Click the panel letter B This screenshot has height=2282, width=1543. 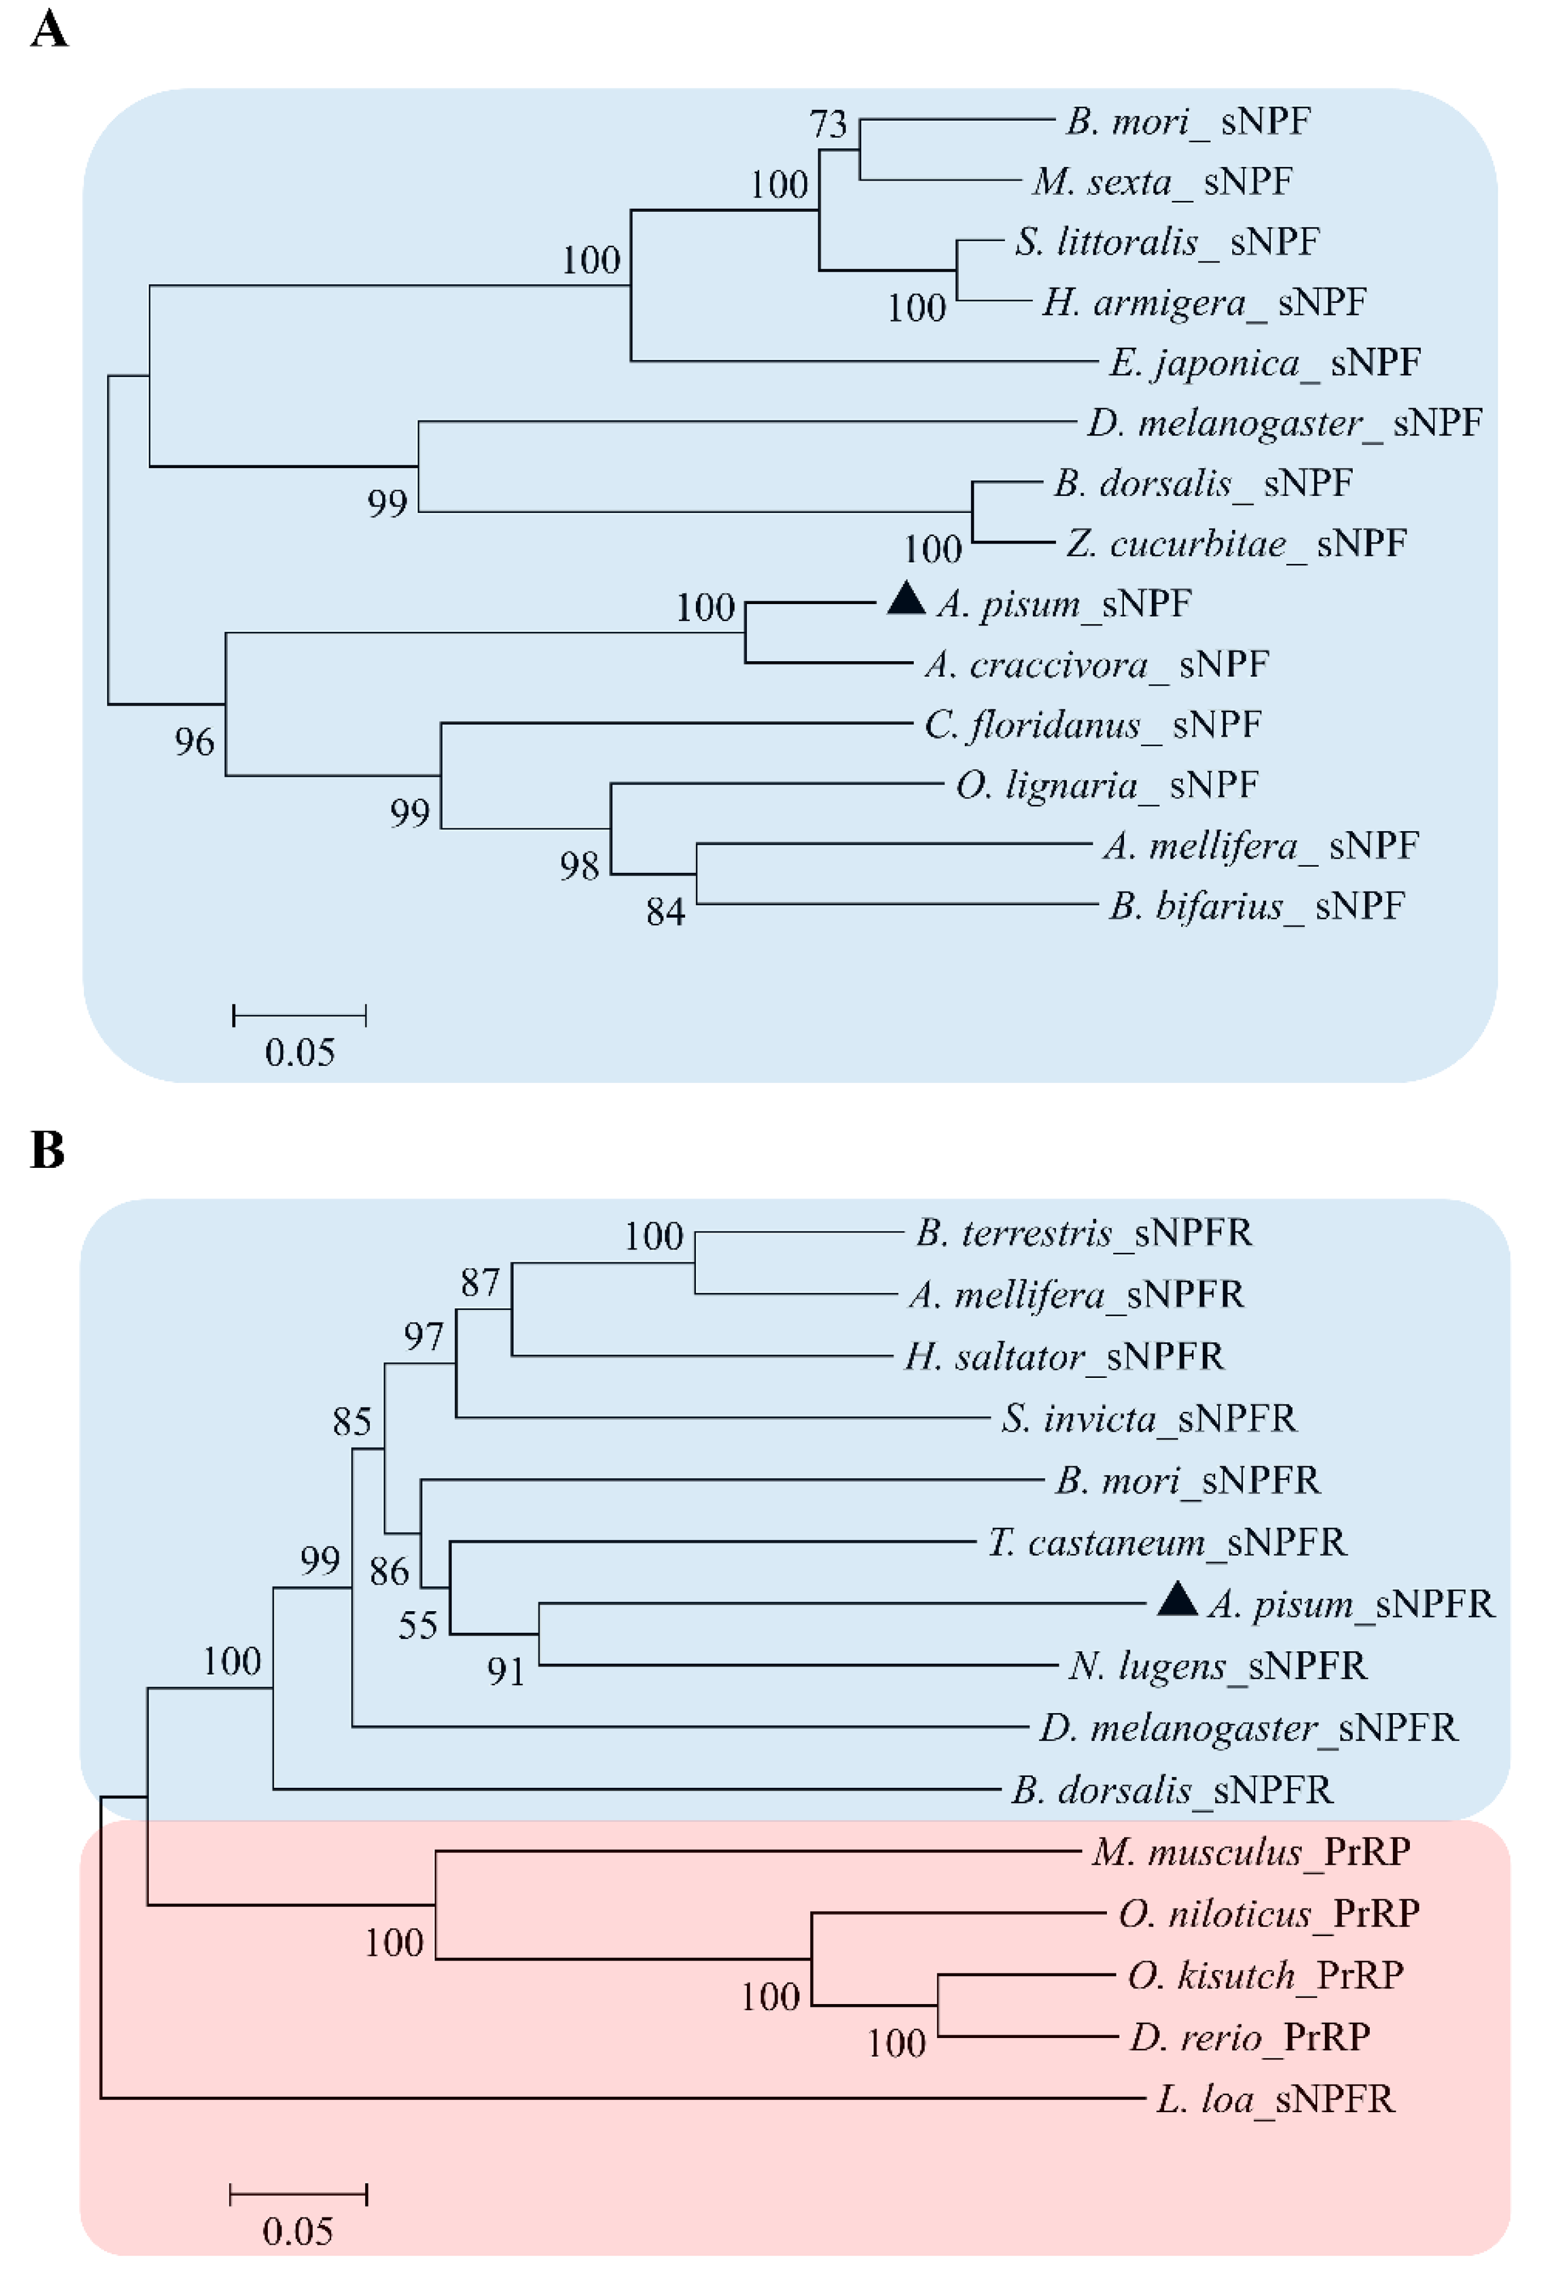(x=47, y=1148)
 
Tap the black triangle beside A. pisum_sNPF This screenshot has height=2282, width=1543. (x=905, y=599)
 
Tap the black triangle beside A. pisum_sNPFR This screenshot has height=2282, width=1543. (x=1177, y=1600)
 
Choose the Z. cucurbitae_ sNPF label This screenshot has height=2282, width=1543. (x=1236, y=543)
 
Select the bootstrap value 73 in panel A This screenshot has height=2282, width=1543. (x=827, y=124)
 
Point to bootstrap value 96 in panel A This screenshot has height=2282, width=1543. (x=194, y=742)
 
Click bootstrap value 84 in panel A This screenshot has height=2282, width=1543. (x=665, y=912)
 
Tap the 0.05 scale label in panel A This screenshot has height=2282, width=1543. (x=300, y=1052)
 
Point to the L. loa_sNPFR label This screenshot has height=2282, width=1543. (x=1275, y=2099)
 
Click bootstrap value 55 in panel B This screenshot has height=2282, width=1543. (x=417, y=1626)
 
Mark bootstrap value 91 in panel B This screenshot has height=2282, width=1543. (x=506, y=1671)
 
